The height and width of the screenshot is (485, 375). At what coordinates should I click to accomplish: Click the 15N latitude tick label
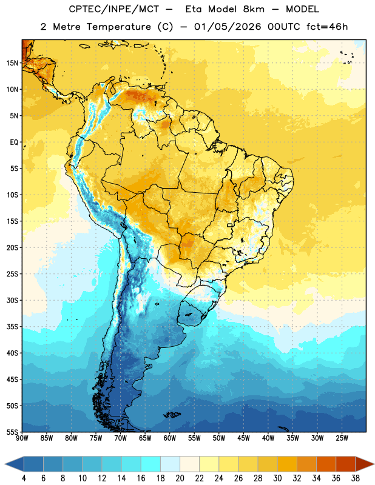click(12, 63)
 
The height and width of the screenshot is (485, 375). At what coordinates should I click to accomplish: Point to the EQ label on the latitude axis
click(14, 142)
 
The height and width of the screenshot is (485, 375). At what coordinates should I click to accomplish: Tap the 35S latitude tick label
click(12, 327)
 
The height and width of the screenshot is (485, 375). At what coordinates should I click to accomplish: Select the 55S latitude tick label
click(12, 432)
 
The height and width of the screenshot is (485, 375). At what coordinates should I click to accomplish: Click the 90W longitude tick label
click(22, 438)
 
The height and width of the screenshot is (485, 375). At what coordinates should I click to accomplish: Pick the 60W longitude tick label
click(170, 438)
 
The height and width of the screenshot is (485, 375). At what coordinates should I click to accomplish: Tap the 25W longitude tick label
click(342, 438)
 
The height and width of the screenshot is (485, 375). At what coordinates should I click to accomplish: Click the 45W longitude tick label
click(243, 438)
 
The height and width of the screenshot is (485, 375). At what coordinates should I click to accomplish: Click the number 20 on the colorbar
click(180, 478)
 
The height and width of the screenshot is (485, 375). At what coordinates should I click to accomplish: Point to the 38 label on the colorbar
click(356, 478)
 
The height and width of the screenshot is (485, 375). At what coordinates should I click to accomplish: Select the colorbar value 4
click(24, 478)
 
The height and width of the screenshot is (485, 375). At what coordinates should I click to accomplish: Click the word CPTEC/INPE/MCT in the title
click(113, 9)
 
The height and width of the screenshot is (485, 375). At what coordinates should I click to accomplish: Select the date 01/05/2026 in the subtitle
click(228, 27)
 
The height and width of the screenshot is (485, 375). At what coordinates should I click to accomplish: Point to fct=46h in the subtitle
click(327, 27)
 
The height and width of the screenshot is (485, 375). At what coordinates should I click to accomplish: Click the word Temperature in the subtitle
click(118, 27)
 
